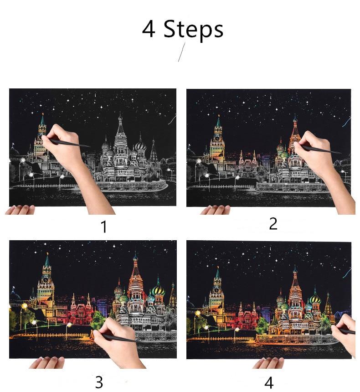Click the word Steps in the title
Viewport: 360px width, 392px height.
pyautogui.click(x=193, y=29)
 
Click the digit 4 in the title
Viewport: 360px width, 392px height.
pyautogui.click(x=149, y=29)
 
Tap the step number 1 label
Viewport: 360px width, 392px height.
pyautogui.click(x=104, y=227)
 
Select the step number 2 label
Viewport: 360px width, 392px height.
pyautogui.click(x=273, y=223)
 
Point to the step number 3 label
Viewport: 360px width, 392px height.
pyautogui.click(x=99, y=382)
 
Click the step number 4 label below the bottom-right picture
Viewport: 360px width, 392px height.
pyautogui.click(x=269, y=382)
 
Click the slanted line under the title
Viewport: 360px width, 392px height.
pyautogui.click(x=181, y=52)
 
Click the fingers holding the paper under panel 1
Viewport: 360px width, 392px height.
pyautogui.click(x=20, y=210)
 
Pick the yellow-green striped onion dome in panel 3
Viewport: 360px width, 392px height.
pyautogui.click(x=159, y=289)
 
